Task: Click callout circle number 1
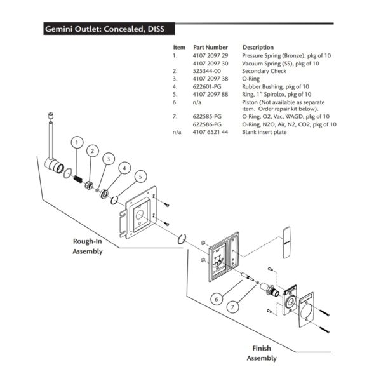click(77, 143)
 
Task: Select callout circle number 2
click(93, 150)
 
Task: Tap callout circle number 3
click(109, 158)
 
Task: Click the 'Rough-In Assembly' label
click(87, 246)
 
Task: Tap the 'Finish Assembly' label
click(261, 353)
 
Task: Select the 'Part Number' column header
click(210, 48)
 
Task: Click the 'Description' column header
click(258, 48)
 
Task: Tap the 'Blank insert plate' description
click(266, 132)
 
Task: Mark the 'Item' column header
click(179, 48)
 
